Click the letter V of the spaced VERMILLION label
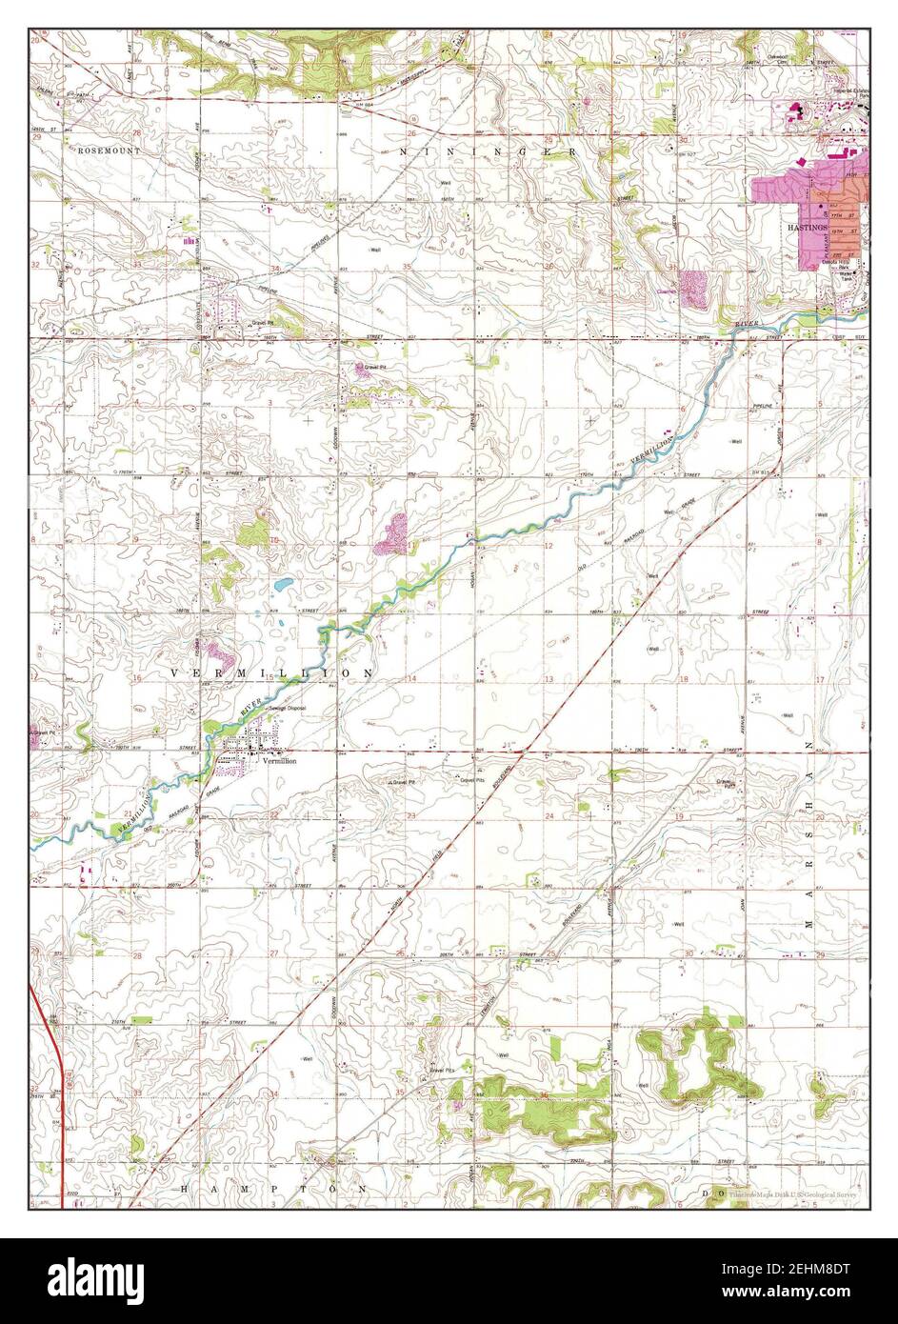pos(175,672)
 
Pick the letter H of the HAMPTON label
pos(184,1190)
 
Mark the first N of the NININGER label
pos(404,151)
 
